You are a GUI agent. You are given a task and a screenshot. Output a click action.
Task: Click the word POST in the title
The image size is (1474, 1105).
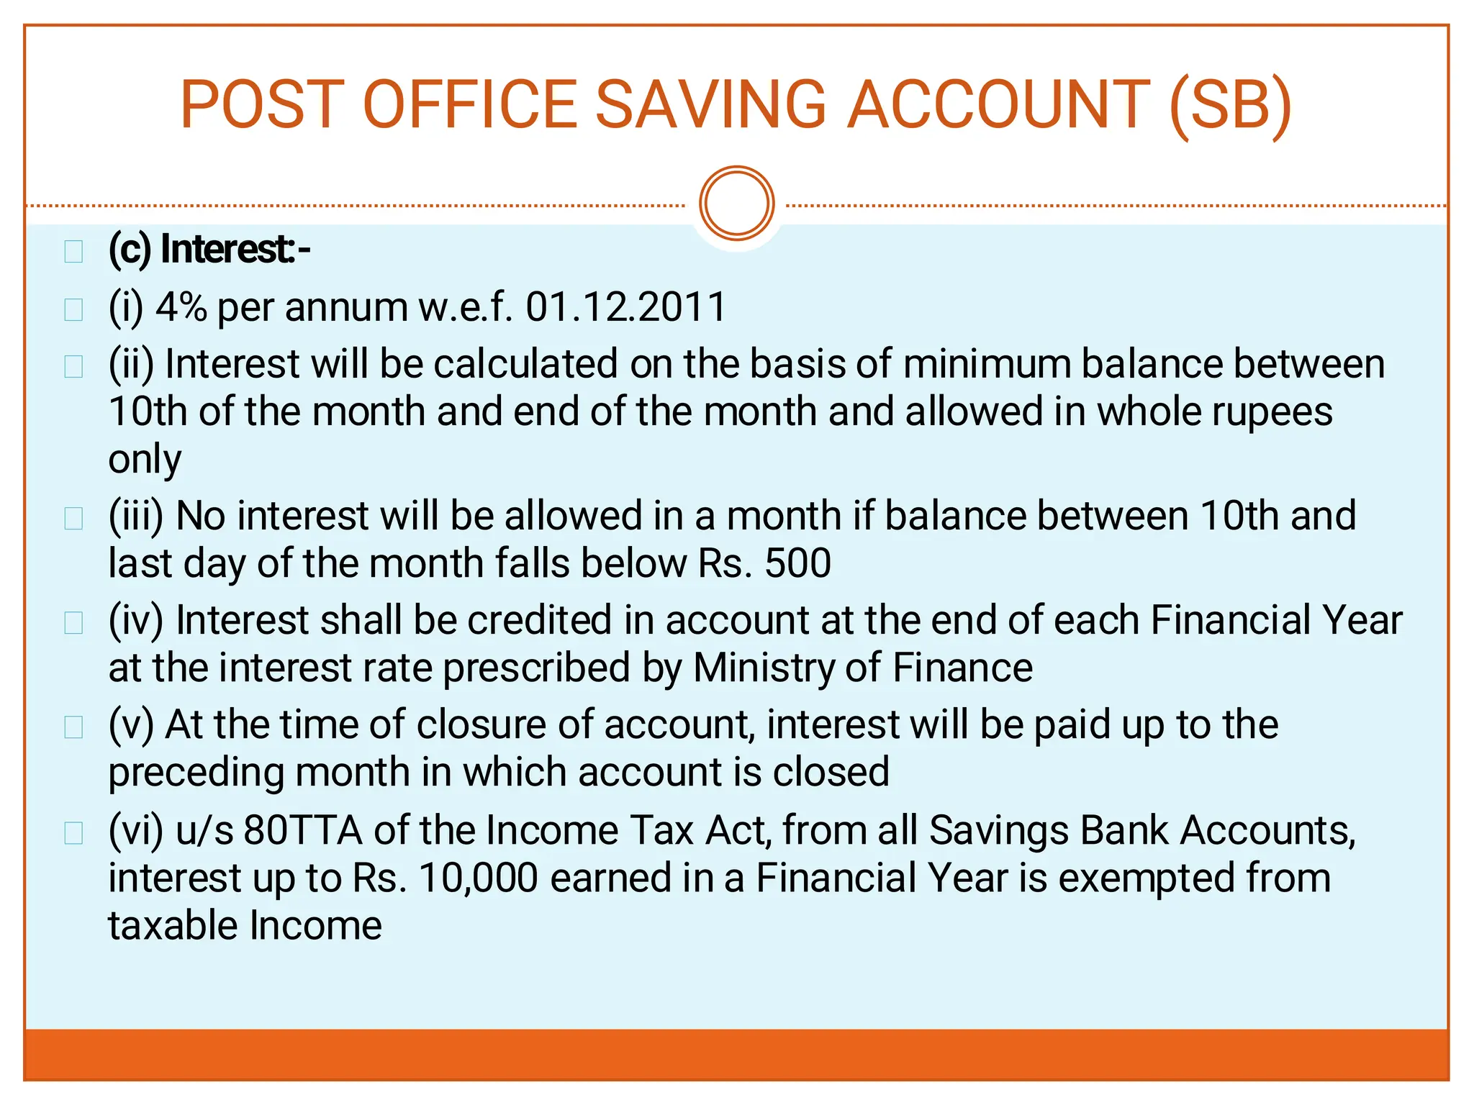(257, 106)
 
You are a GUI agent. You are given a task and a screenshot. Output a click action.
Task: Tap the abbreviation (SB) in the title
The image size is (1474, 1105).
(1231, 106)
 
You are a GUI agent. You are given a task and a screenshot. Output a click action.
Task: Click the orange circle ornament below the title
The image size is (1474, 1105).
(736, 204)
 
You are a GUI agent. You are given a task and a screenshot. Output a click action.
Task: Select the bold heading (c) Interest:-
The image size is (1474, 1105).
(209, 250)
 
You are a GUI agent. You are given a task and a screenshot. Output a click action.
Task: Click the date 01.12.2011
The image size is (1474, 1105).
(625, 307)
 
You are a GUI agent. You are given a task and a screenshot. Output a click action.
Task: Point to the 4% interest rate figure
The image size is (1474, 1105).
(181, 307)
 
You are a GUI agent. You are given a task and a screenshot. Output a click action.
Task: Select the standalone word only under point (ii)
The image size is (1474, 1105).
(145, 460)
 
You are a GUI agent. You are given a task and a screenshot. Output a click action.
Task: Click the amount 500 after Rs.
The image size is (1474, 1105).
(797, 563)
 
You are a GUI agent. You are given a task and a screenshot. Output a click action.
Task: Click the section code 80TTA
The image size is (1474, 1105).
(302, 830)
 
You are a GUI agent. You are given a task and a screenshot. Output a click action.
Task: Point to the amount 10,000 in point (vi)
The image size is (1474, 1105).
(478, 878)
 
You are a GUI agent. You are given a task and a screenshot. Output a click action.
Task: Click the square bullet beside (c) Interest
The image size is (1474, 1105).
(73, 252)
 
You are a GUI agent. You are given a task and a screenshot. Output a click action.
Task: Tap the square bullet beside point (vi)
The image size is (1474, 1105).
(73, 833)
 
